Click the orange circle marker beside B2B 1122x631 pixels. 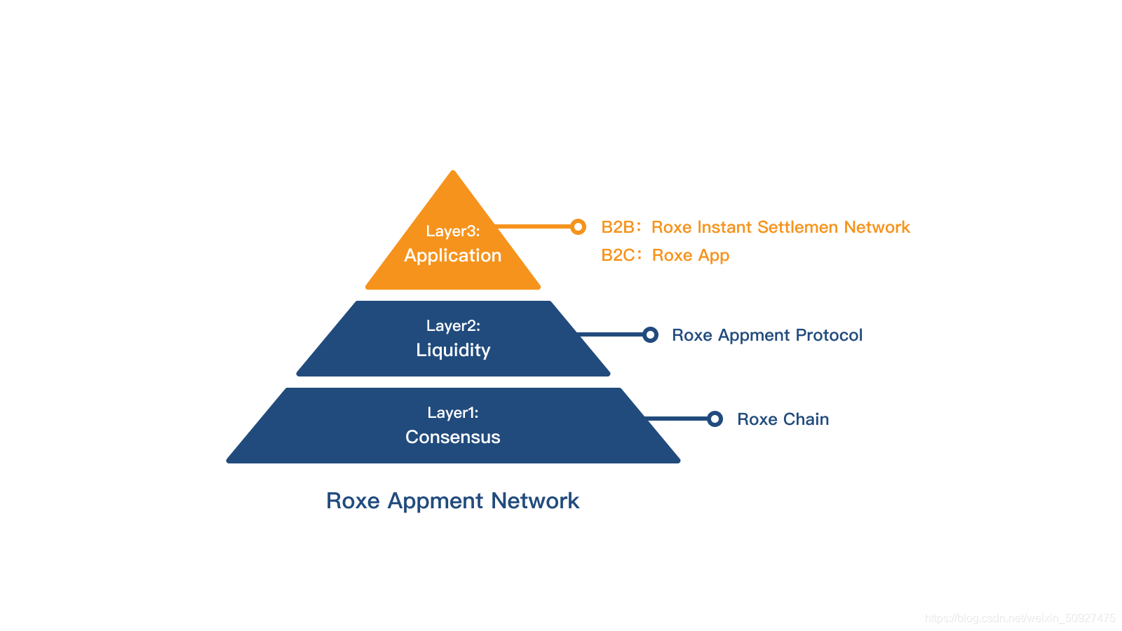coord(578,226)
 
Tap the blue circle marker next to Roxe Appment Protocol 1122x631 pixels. coord(650,334)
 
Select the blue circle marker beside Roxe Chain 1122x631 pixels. coord(715,419)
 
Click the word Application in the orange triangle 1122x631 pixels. coord(453,256)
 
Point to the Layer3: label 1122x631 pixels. coord(453,231)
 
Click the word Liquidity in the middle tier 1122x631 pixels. coord(453,350)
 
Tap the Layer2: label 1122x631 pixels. coord(453,325)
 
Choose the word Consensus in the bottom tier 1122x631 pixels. coord(453,437)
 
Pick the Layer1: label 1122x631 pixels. coord(453,412)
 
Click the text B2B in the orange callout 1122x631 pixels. coord(618,227)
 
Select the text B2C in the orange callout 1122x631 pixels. coord(618,255)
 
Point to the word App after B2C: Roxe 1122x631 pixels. coord(714,256)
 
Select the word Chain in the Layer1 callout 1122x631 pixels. coord(806,419)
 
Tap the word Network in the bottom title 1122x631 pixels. coord(535,501)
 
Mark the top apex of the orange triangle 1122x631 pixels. coord(453,172)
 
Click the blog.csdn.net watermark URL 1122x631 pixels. coord(1020,618)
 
